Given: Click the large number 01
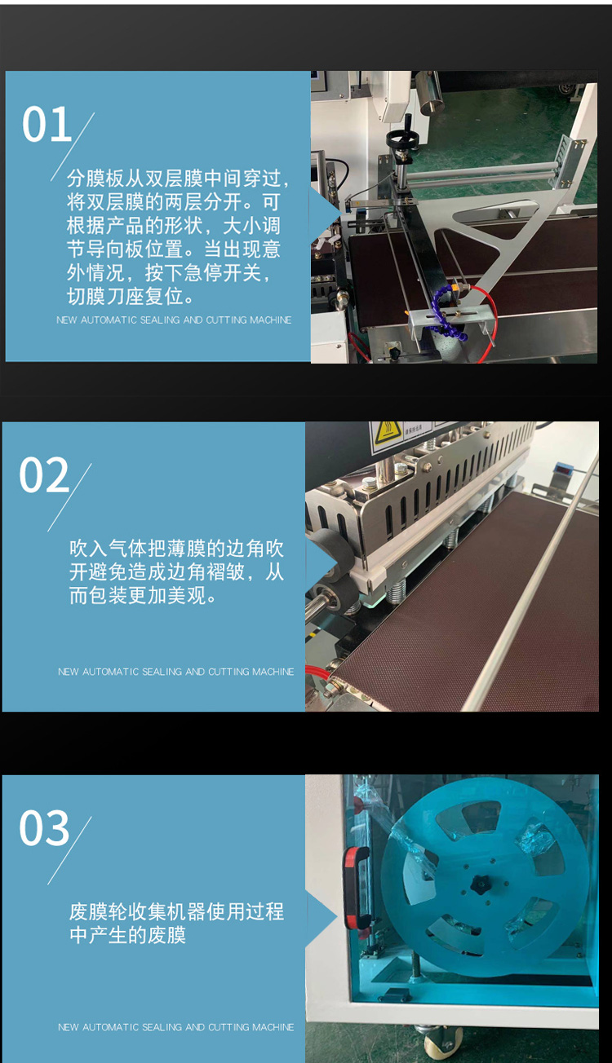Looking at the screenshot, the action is (x=46, y=124).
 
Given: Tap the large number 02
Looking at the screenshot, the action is (x=44, y=474).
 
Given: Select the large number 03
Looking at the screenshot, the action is (x=44, y=827).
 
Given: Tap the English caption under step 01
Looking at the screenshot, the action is (x=174, y=320).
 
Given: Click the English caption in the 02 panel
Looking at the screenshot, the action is (x=175, y=672).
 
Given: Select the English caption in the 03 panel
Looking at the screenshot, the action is (x=175, y=1027).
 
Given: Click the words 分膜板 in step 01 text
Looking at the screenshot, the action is (x=95, y=179).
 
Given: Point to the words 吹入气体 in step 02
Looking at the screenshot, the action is (x=109, y=548).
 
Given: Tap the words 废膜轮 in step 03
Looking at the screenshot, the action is (x=99, y=911).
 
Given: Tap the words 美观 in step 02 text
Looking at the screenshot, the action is (x=187, y=595).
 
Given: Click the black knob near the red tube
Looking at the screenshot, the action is (x=394, y=352).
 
